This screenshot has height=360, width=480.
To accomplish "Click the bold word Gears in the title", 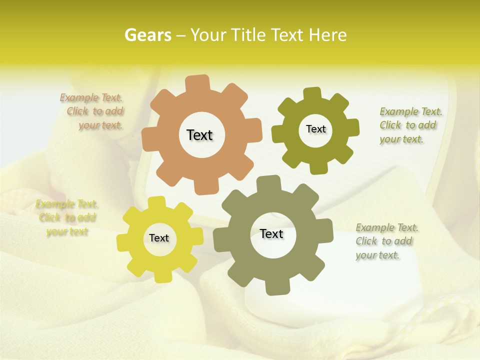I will pyautogui.click(x=147, y=35).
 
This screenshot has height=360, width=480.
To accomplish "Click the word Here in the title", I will pyautogui.click(x=327, y=35).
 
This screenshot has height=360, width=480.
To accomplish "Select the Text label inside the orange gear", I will pyautogui.click(x=199, y=135).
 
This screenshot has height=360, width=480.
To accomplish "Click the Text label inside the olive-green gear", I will pyautogui.click(x=315, y=129).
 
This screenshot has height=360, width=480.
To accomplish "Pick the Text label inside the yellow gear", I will pyautogui.click(x=159, y=238).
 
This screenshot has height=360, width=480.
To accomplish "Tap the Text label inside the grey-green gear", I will pyautogui.click(x=271, y=233).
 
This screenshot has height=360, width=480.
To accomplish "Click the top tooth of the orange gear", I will pyautogui.click(x=197, y=82).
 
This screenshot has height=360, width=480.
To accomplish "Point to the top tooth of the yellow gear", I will pyautogui.click(x=156, y=202).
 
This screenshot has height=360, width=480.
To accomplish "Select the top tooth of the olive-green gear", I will pyautogui.click(x=312, y=94).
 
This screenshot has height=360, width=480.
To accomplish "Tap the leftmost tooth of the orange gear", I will pyautogui.click(x=148, y=139).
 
